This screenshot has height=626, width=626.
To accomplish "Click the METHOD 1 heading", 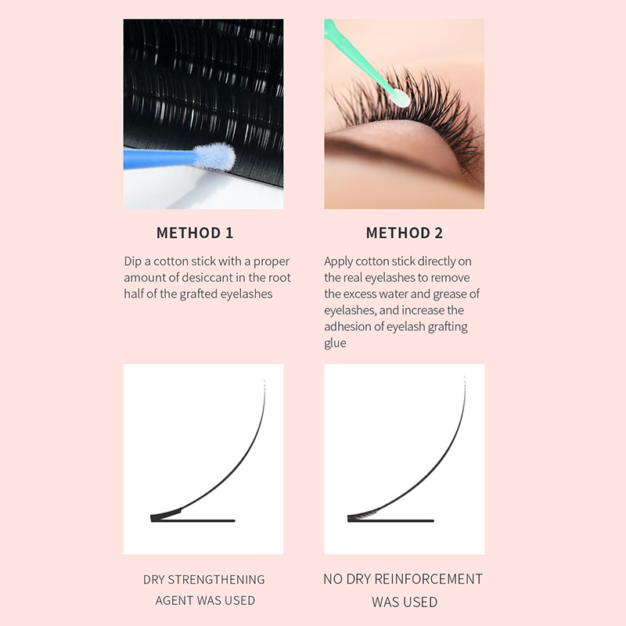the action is point(195,232).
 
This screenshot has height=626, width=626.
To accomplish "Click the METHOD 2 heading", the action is point(405,232).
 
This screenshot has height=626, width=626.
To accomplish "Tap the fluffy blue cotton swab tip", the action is point(213,157).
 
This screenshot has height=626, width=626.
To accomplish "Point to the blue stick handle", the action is point(160,159).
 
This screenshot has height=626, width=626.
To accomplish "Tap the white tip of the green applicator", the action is point(400,99).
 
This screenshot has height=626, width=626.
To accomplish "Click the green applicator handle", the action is point(355,56).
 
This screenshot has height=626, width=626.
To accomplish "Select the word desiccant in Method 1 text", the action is point(207,278).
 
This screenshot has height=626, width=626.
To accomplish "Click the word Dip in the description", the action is point(132,261).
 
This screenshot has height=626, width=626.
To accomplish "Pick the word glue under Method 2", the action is point(335,344).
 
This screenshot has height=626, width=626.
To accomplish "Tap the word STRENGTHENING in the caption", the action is point(216,579).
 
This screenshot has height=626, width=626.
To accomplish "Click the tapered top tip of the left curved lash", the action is point(264,380).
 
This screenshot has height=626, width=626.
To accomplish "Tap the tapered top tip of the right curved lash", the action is point(465,376).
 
